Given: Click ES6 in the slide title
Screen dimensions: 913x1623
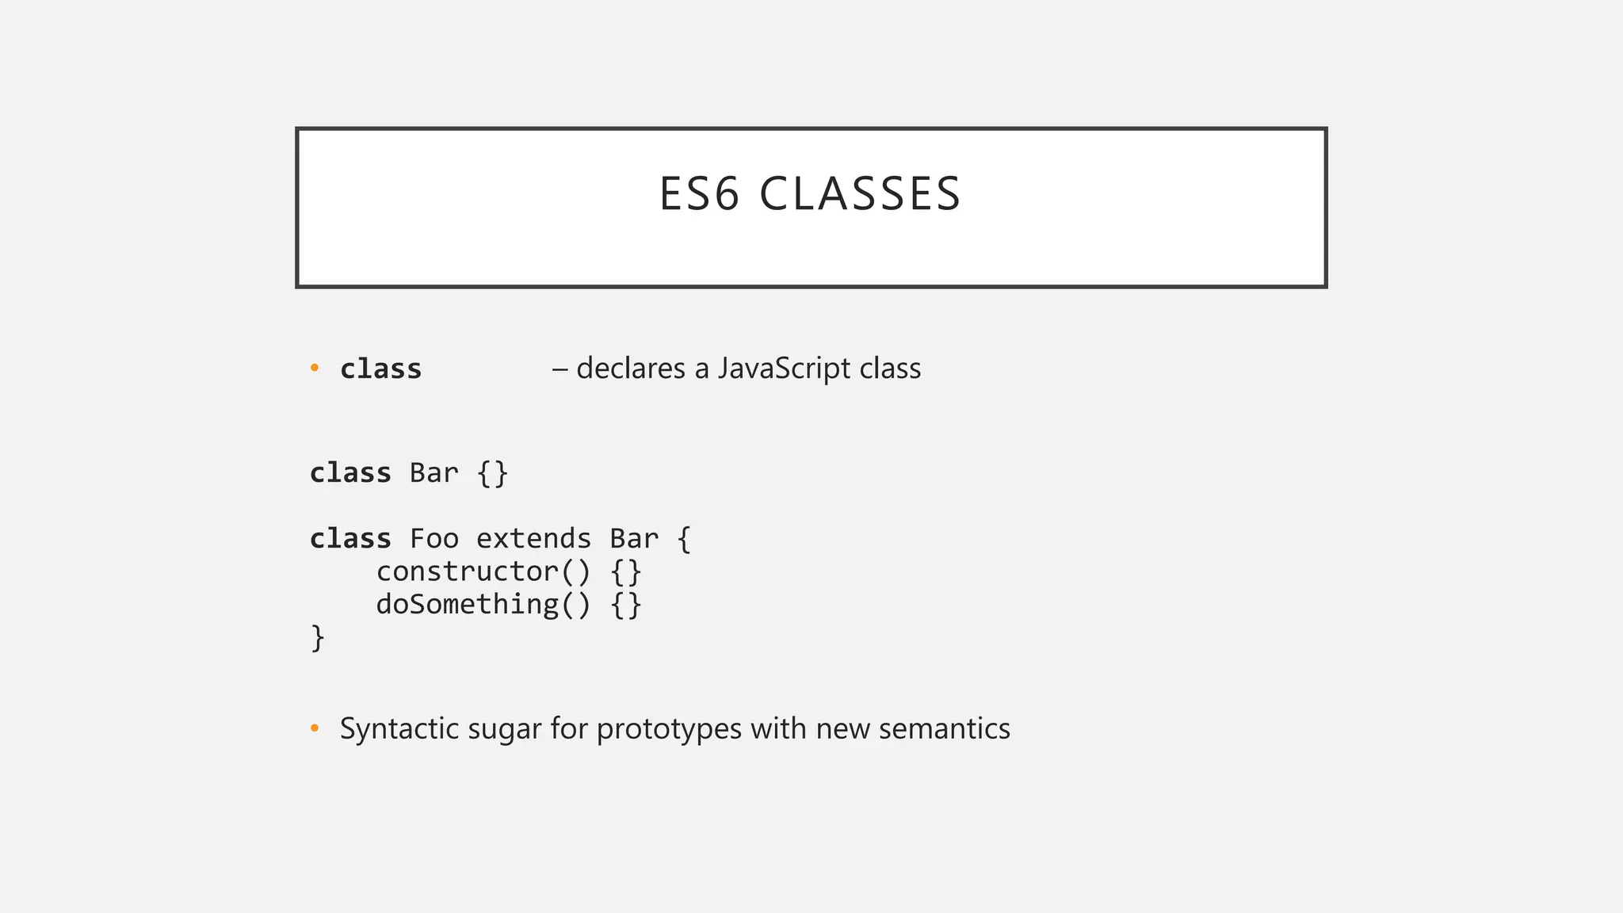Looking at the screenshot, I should [699, 194].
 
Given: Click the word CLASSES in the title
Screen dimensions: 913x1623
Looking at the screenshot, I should [860, 194].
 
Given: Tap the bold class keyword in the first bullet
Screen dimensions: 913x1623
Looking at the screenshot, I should [380, 369].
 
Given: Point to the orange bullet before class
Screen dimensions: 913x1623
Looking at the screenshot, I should [315, 369].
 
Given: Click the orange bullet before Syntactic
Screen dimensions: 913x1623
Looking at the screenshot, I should [315, 728].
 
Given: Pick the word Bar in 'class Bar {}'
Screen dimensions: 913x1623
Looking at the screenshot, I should [433, 473].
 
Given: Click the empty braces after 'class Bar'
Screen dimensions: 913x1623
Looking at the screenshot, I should [492, 474].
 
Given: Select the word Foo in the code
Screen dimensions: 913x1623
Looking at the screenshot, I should [433, 539].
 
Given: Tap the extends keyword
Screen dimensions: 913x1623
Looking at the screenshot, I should [533, 539].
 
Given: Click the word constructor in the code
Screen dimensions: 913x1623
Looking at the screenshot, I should [467, 571].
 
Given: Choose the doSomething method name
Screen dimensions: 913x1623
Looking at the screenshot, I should [467, 605].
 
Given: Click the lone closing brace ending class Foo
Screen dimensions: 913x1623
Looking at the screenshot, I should [317, 638].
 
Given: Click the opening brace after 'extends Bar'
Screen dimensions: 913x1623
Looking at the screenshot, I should [684, 540].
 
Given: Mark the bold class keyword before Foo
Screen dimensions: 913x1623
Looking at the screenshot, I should [350, 539].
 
